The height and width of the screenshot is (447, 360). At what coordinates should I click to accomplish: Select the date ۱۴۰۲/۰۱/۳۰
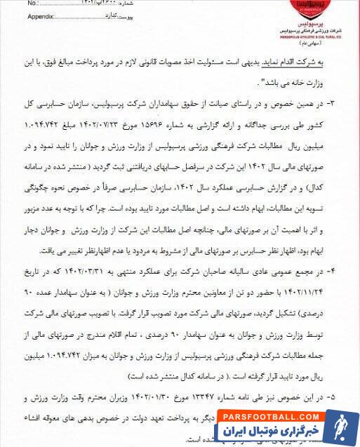(158, 396)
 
